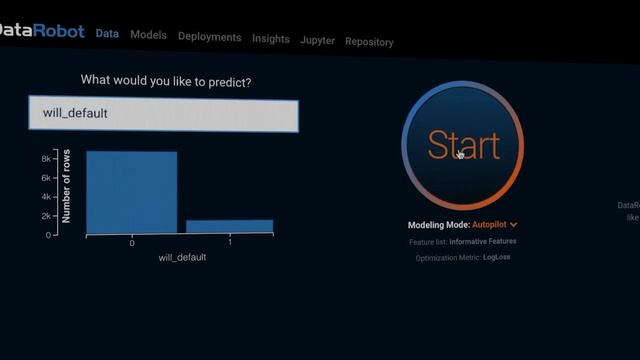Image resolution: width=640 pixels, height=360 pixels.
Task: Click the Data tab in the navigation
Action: pos(107,33)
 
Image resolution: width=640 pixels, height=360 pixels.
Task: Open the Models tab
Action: pos(148,35)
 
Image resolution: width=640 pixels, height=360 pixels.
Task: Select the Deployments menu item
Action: pos(209,37)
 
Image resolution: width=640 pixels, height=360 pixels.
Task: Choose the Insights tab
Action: pos(271,39)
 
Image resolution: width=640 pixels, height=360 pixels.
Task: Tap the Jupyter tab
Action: pos(317,40)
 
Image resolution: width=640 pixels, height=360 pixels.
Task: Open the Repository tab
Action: pos(369,42)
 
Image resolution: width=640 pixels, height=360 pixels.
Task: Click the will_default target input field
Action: pos(163,114)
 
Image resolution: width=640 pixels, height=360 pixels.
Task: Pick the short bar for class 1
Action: pos(229,227)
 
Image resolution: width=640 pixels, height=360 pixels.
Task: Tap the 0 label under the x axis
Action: pos(132,243)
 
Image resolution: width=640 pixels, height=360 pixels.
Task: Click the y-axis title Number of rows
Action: pos(66,186)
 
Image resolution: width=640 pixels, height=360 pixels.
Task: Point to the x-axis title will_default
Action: pos(182,257)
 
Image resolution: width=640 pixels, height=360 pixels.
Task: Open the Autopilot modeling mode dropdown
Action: pos(495,225)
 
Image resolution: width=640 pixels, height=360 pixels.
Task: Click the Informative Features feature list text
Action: pos(483,242)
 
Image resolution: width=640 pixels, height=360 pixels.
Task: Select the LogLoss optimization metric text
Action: pos(497,258)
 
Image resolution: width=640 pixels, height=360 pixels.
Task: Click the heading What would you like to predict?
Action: pos(166,80)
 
